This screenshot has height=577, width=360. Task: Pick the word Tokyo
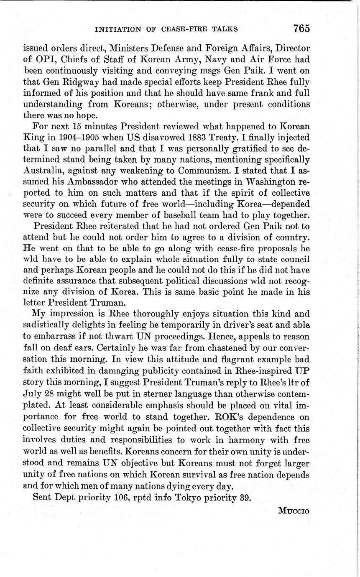pyautogui.click(x=198, y=497)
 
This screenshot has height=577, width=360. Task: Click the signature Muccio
pyautogui.click(x=293, y=511)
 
